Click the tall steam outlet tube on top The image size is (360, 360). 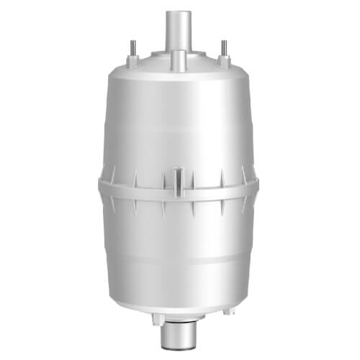point(179,29)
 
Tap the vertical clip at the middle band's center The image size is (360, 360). point(179,176)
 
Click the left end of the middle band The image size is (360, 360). point(102,186)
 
